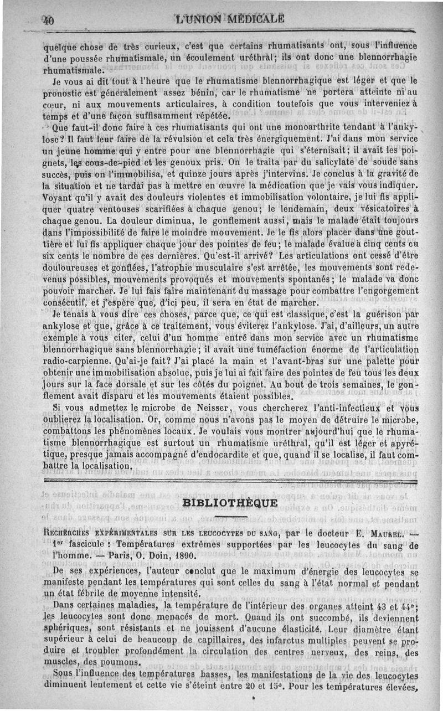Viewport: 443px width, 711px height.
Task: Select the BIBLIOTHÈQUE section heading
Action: pos(230,503)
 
